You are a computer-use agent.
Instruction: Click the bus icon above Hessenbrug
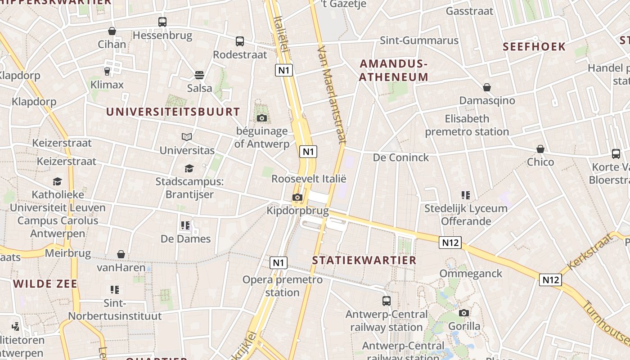(x=162, y=22)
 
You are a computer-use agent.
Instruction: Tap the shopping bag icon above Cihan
(x=112, y=31)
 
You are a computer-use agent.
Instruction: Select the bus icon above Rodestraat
(x=240, y=41)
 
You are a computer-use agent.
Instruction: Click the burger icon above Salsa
(x=199, y=75)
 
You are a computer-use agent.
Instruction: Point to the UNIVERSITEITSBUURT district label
(x=173, y=112)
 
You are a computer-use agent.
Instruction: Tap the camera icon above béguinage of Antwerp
(x=261, y=118)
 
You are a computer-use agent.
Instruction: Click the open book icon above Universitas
(x=187, y=137)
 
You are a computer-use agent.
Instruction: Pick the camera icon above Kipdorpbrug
(x=297, y=197)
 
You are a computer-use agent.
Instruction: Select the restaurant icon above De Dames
(x=185, y=225)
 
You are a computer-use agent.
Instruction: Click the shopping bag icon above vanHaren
(x=121, y=255)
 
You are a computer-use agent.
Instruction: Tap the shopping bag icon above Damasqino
(x=486, y=87)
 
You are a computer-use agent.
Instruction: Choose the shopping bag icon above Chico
(x=540, y=149)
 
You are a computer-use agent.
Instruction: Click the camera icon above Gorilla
(x=464, y=313)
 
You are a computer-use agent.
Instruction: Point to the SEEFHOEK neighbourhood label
(x=534, y=47)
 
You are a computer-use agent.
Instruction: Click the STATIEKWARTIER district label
(x=364, y=260)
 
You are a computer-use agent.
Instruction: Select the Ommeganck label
(x=471, y=274)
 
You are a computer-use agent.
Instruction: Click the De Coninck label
(x=401, y=157)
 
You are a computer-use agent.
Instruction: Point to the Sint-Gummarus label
(x=419, y=40)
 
